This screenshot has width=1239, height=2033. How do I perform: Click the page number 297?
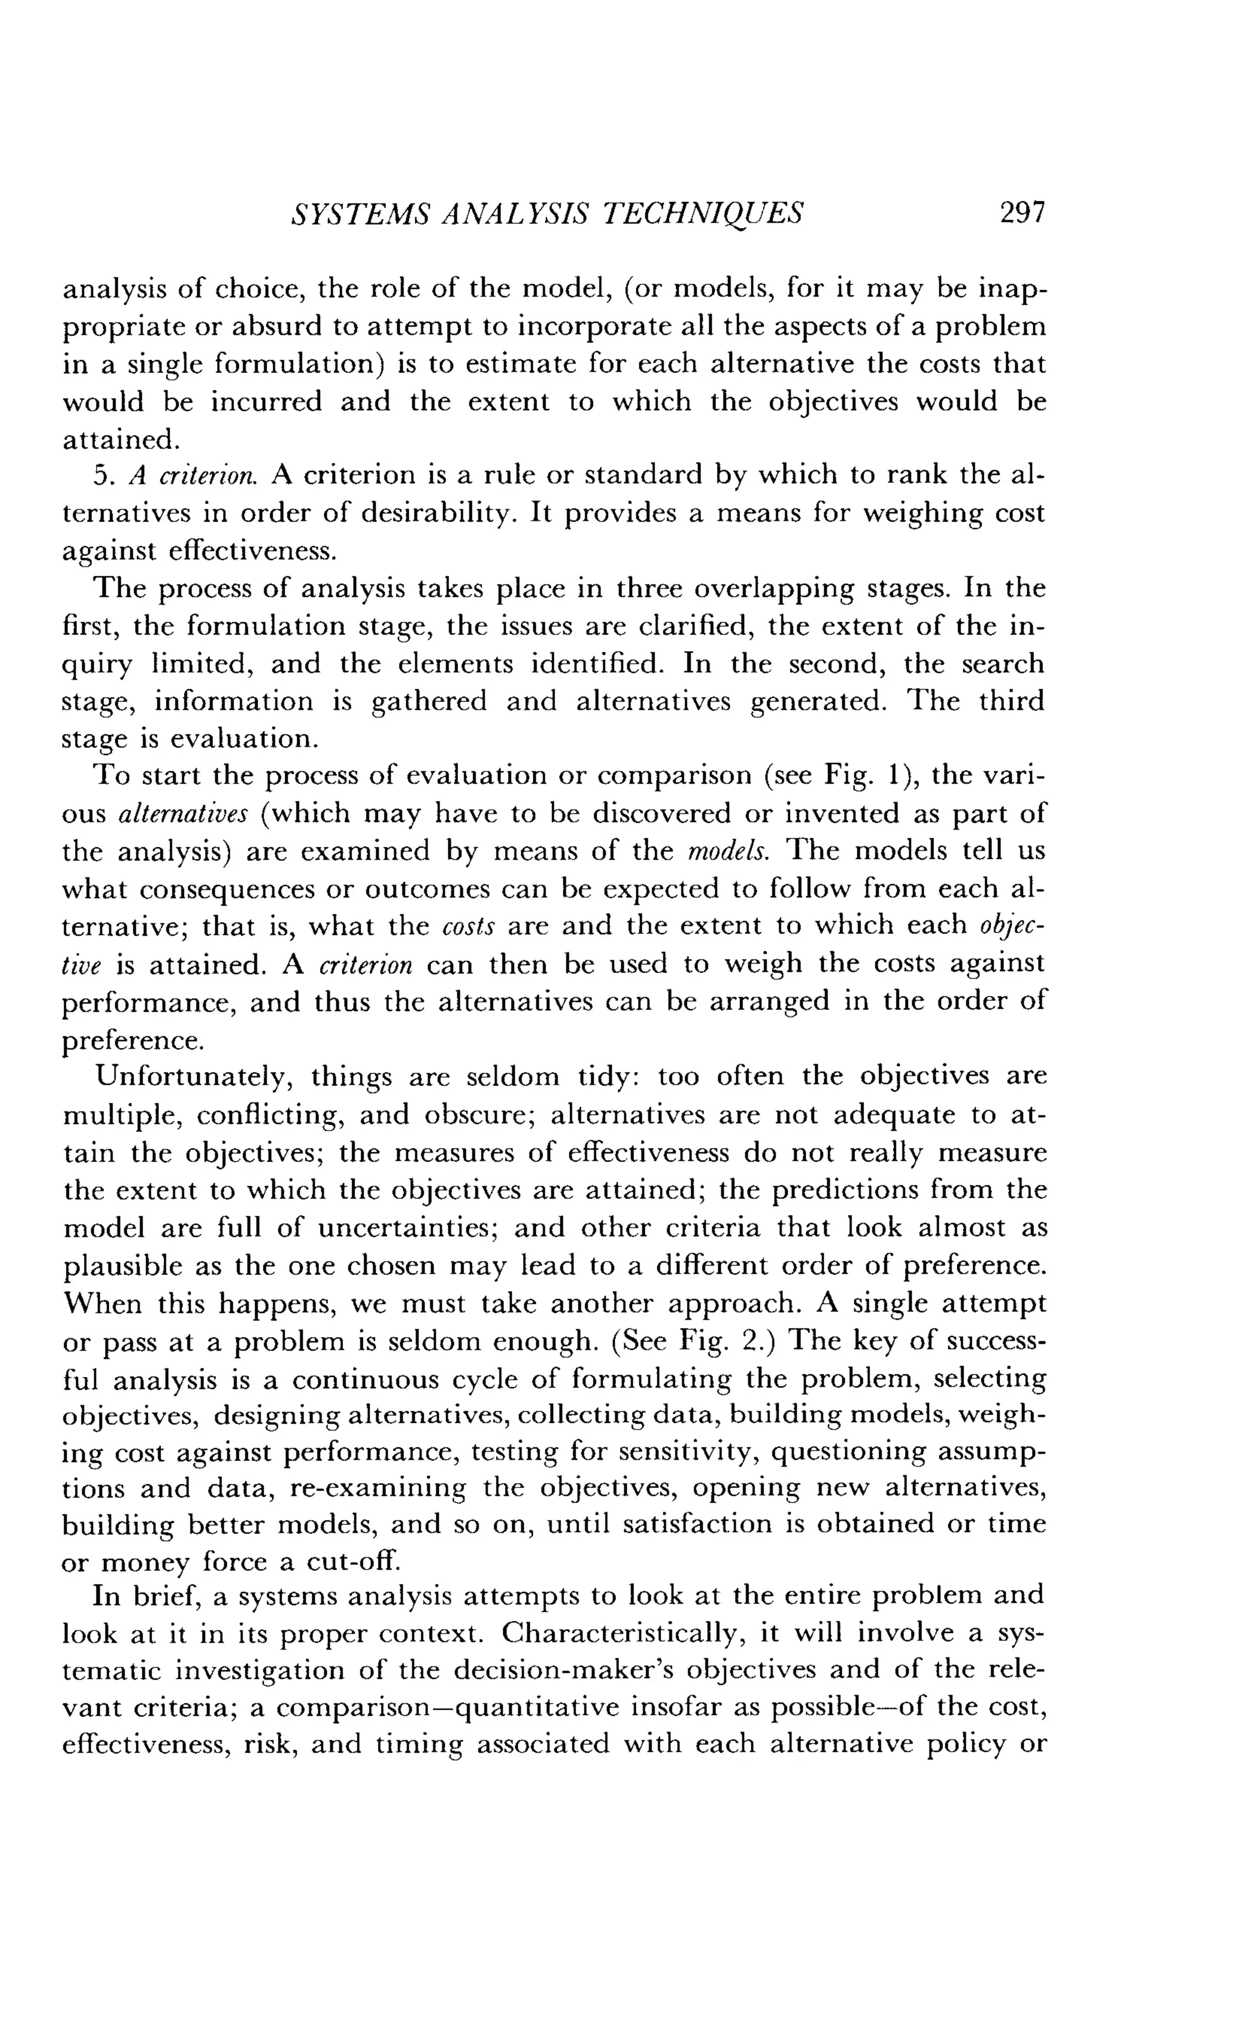(x=1022, y=213)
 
